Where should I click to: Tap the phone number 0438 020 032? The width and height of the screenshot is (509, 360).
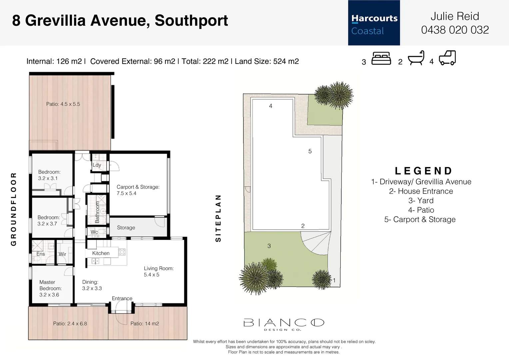(455, 30)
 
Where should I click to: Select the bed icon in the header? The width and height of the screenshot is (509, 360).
(381, 59)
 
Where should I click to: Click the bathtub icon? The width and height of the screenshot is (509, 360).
(416, 58)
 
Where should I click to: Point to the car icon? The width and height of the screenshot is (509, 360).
(447, 58)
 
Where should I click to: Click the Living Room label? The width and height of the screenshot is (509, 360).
(159, 271)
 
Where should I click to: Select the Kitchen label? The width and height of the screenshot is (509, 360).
(101, 253)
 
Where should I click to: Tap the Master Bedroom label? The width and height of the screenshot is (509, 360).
(50, 288)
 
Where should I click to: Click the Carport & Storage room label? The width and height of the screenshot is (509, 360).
(138, 190)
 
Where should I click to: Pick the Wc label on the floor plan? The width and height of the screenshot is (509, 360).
(94, 232)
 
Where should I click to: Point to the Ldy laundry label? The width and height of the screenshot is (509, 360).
(97, 165)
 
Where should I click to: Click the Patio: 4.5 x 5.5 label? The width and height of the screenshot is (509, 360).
(63, 104)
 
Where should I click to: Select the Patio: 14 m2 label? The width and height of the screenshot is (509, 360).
(145, 324)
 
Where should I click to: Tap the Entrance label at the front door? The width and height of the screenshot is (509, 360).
(122, 298)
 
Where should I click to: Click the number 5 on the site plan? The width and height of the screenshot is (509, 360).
(310, 151)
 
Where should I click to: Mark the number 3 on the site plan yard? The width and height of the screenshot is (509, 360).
(269, 246)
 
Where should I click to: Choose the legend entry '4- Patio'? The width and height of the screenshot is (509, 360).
(421, 210)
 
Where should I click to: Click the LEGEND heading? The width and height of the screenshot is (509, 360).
(423, 171)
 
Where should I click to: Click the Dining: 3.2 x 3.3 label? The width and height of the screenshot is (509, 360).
(92, 285)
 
